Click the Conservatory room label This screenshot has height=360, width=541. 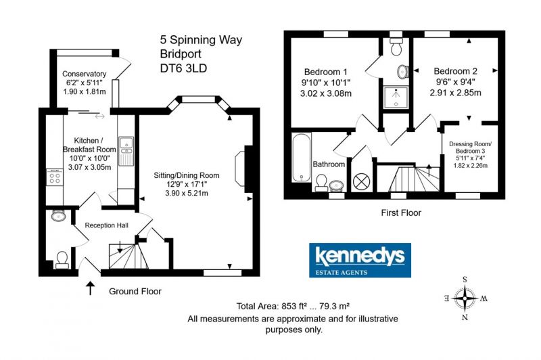click(x=84, y=74)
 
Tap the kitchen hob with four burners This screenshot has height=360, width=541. click(x=55, y=177)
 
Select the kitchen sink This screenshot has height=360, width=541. click(x=126, y=151)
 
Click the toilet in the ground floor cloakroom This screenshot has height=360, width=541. click(x=62, y=261)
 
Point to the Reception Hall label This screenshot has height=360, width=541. click(x=107, y=225)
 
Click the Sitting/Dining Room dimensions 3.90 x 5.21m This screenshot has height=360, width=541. click(x=187, y=194)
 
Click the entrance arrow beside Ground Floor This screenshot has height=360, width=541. click(x=91, y=288)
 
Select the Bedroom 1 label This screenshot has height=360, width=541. click(x=325, y=72)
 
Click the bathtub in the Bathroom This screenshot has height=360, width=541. click(x=301, y=158)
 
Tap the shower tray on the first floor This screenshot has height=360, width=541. click(x=396, y=97)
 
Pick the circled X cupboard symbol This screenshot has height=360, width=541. click(x=361, y=181)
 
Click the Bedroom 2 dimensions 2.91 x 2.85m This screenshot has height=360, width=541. click(x=455, y=93)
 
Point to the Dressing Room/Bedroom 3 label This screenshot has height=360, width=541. click(x=470, y=148)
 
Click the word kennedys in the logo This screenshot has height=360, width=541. click(x=360, y=256)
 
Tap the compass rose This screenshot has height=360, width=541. click(x=465, y=298)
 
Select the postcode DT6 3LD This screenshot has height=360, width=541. click(x=183, y=68)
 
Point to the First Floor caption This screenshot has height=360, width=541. click(x=401, y=212)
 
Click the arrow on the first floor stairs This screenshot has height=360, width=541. click(x=429, y=170)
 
